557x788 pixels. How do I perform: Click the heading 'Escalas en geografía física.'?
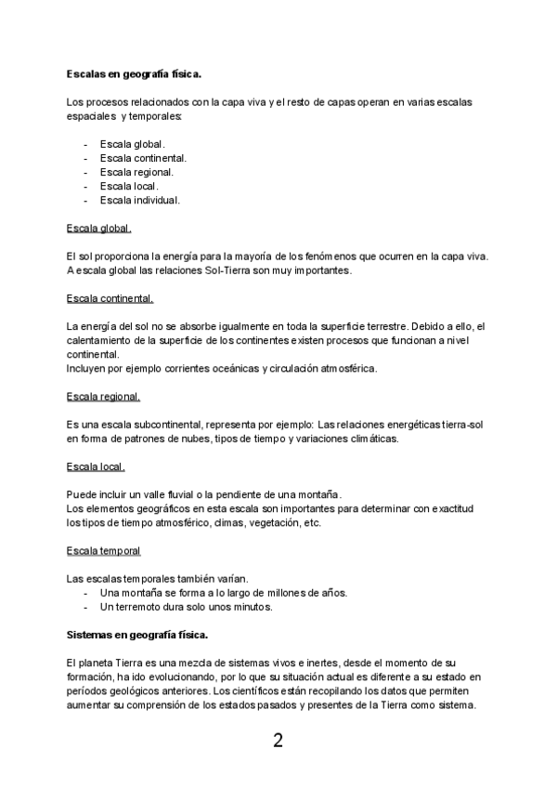[x=134, y=73]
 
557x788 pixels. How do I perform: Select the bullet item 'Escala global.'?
[x=132, y=145]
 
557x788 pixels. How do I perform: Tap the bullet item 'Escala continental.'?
[x=143, y=159]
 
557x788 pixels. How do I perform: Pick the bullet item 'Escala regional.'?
[x=136, y=172]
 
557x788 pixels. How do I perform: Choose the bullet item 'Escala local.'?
[x=129, y=186]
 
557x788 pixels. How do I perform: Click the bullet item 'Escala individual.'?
[x=139, y=200]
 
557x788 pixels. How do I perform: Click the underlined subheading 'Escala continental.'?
[x=110, y=298]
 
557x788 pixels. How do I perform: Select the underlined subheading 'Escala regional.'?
[x=104, y=397]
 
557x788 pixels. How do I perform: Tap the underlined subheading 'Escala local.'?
[x=97, y=466]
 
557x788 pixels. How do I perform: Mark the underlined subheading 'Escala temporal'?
[x=104, y=551]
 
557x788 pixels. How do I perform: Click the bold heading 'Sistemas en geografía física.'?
[x=137, y=635]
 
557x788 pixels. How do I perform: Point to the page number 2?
[x=278, y=742]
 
